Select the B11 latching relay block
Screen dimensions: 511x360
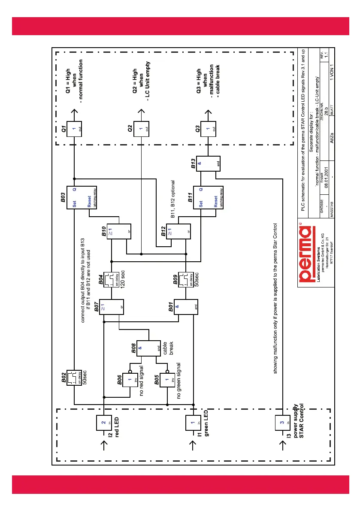[x=209, y=196]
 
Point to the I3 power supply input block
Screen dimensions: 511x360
[x=282, y=423]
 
